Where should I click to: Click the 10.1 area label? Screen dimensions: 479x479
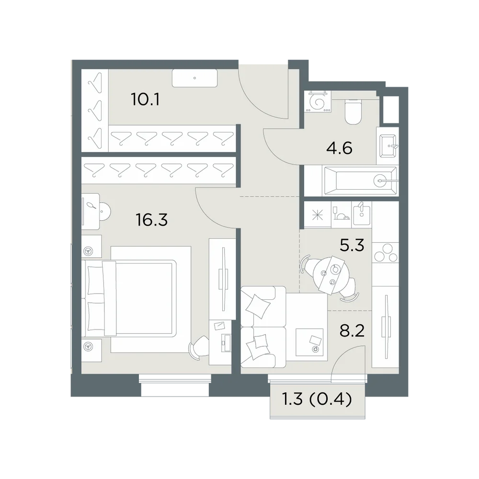click(x=145, y=99)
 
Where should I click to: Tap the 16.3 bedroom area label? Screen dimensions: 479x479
click(x=152, y=219)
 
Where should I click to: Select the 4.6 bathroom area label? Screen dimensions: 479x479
click(x=339, y=148)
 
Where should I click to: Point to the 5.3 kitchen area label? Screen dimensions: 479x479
click(x=352, y=245)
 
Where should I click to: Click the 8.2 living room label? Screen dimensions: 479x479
click(x=352, y=330)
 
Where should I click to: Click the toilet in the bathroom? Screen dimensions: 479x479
click(x=353, y=112)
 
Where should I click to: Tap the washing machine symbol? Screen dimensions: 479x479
click(x=318, y=102)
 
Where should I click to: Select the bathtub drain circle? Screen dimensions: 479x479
click(x=380, y=181)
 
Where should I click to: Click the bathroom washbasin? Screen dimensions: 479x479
click(x=388, y=146)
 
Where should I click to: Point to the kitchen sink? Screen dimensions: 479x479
click(x=361, y=211)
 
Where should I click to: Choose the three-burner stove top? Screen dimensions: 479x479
click(x=385, y=252)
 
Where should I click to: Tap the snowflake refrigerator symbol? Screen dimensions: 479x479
click(x=318, y=215)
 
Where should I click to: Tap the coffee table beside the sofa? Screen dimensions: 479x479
click(x=309, y=342)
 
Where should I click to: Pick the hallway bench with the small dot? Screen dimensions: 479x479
click(x=194, y=78)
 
